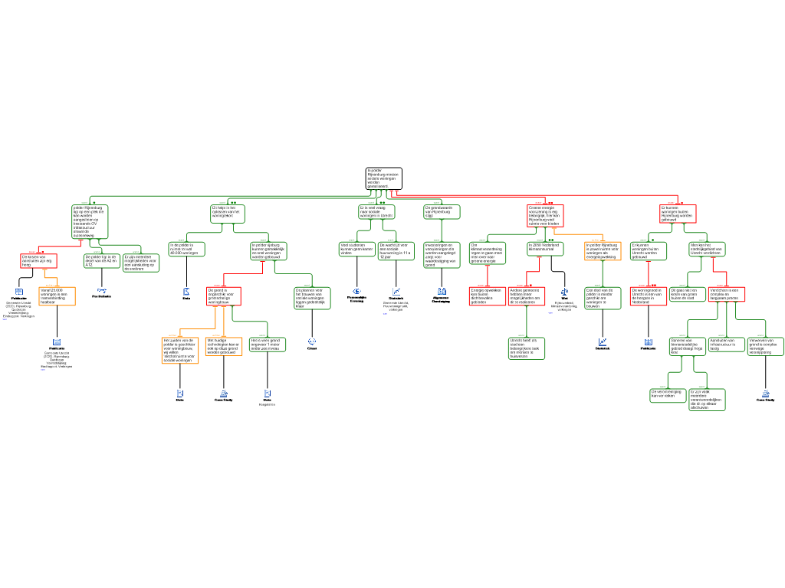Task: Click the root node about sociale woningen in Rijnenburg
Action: (383, 178)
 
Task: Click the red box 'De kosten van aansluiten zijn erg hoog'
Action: (38, 261)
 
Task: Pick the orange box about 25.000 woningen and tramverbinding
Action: (57, 296)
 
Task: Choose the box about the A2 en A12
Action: (102, 261)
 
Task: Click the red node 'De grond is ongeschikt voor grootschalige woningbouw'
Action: (224, 296)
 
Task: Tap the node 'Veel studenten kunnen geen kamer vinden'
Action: (357, 249)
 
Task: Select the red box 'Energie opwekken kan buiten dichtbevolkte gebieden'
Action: (488, 296)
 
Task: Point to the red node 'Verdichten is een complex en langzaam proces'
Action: (726, 294)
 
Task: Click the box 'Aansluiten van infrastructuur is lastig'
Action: (725, 345)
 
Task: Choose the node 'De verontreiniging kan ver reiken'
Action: (668, 395)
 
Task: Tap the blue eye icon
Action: (357, 291)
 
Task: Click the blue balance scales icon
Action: (565, 291)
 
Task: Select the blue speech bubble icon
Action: (312, 341)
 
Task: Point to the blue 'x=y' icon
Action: (102, 290)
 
